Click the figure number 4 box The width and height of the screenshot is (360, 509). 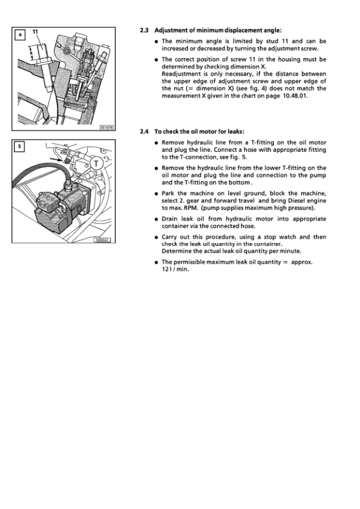click(20, 34)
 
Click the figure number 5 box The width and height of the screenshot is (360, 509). click(19, 147)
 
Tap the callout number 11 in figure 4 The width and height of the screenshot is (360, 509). click(35, 32)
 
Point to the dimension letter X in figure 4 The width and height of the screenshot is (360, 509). click(31, 53)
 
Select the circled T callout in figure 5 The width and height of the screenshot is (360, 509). click(96, 163)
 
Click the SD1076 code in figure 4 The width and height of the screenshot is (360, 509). click(106, 128)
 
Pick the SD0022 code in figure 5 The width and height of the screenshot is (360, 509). click(102, 240)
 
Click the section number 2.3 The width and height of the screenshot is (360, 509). click(144, 30)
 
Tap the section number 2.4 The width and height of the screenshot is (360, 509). click(144, 131)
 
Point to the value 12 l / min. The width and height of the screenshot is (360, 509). click(175, 269)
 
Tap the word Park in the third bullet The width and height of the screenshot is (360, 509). click(168, 193)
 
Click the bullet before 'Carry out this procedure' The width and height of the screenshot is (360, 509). click(157, 238)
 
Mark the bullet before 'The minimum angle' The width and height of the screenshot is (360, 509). click(157, 42)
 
